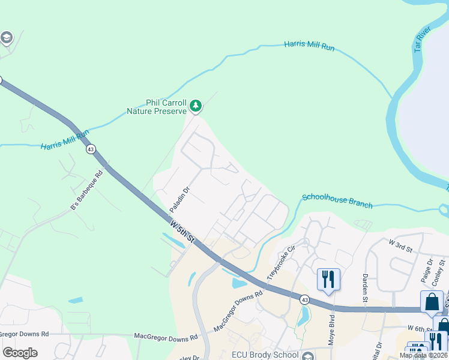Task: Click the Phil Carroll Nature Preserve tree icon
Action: click(x=195, y=106)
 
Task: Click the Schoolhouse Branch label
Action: click(x=337, y=200)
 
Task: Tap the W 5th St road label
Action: click(x=182, y=231)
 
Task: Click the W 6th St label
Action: click(x=420, y=328)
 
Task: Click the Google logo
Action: click(x=20, y=353)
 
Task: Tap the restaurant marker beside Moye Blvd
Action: click(x=328, y=280)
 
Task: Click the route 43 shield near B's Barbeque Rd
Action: click(x=91, y=149)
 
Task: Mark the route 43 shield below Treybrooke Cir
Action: click(x=305, y=299)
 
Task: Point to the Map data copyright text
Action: click(x=423, y=355)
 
